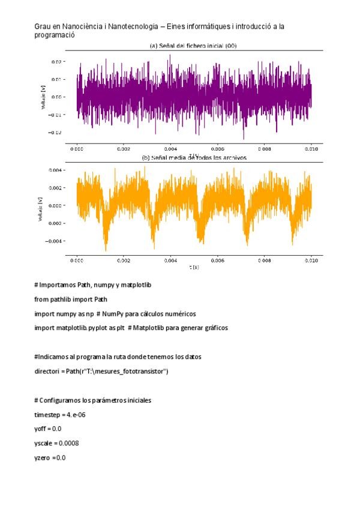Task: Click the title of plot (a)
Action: click(x=197, y=46)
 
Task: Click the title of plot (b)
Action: click(x=194, y=158)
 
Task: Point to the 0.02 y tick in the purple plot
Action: click(x=56, y=62)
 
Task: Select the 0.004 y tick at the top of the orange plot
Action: click(x=55, y=170)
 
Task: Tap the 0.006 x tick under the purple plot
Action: click(x=217, y=148)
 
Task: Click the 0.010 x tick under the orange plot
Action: click(x=311, y=260)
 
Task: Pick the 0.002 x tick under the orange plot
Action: click(x=124, y=260)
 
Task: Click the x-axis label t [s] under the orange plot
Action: click(x=194, y=266)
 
